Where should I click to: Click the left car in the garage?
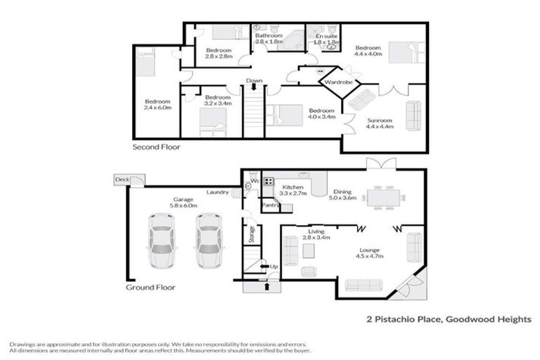(x=161, y=242)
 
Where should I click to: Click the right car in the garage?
(x=209, y=242)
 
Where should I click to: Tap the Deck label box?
(x=122, y=181)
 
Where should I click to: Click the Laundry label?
(x=218, y=192)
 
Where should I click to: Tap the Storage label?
(x=252, y=234)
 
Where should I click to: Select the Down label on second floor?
(x=255, y=82)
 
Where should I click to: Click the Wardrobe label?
(x=338, y=83)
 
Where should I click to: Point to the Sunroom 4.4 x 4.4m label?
(x=380, y=123)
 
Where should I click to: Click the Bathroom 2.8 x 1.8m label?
(x=269, y=39)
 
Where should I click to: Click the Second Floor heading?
(x=156, y=148)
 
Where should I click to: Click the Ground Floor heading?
(x=150, y=287)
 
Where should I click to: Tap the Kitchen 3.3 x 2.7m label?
(x=291, y=189)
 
